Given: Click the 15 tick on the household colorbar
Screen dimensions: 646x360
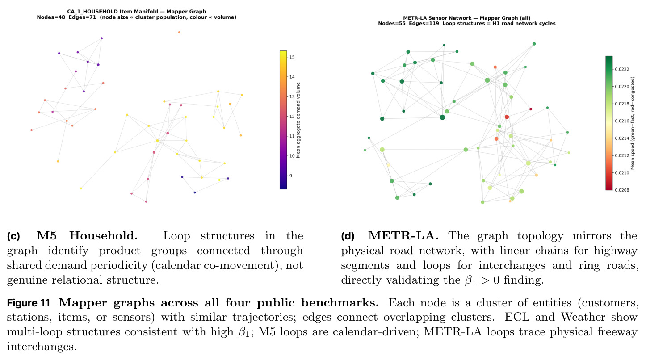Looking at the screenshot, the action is click(292, 57).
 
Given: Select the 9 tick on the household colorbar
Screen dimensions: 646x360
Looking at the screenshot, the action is click(291, 176).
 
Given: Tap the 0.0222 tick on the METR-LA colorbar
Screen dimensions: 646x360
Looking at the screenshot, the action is click(622, 69).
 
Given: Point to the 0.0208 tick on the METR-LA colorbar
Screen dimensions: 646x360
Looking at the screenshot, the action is click(622, 190).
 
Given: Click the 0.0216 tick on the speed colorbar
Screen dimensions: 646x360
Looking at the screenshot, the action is click(622, 121).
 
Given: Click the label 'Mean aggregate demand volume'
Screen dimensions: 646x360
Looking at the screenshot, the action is click(298, 120).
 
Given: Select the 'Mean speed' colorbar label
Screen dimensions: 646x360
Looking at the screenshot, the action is click(633, 123).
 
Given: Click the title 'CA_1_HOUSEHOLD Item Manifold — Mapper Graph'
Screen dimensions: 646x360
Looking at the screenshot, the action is click(136, 12).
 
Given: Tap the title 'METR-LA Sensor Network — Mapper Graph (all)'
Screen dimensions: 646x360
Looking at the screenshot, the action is click(466, 18).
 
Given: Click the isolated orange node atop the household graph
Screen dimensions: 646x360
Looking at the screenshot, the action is click(179, 32).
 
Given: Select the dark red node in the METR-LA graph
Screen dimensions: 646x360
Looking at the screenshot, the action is click(531, 109).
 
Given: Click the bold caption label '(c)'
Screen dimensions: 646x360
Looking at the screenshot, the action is click(13, 236).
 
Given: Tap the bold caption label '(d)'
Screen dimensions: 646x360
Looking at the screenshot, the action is click(348, 236).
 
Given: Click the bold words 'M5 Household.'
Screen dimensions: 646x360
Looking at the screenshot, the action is click(87, 236).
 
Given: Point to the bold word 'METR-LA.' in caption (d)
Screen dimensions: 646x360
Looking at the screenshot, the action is click(403, 236).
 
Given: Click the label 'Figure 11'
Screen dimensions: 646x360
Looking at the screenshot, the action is click(29, 303).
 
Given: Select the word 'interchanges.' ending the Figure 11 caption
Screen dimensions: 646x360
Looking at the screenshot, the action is click(42, 347).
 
